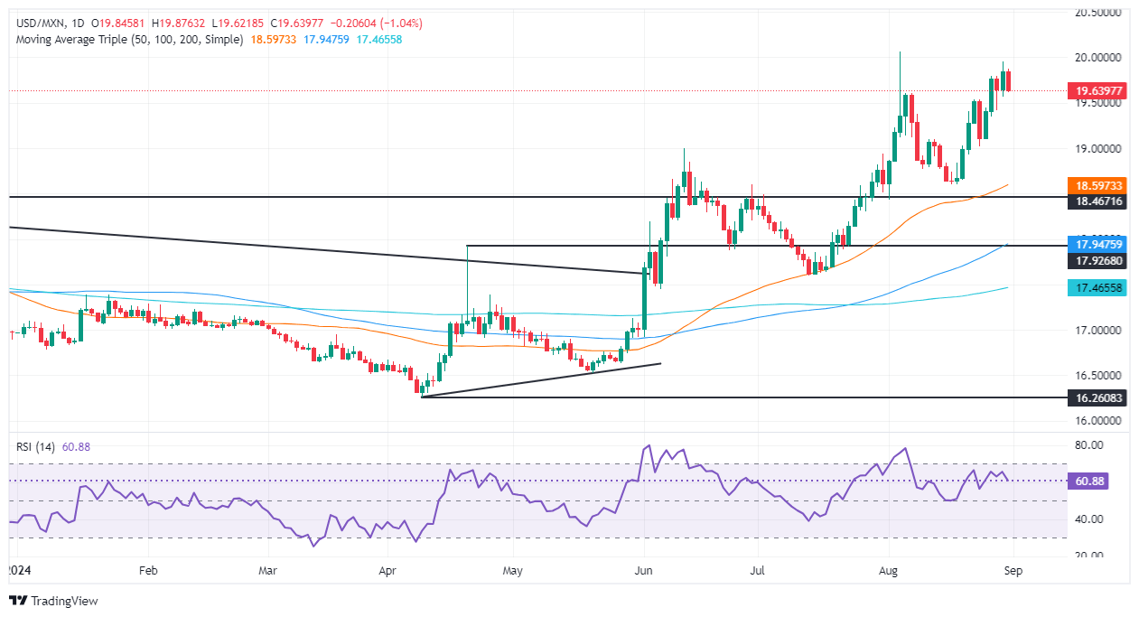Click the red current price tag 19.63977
1096,90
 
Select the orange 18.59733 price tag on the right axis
1096,184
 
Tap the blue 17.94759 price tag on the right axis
1096,243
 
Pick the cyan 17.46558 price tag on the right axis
1096,288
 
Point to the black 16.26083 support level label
1096,397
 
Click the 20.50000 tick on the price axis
1097,13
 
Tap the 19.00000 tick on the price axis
1097,148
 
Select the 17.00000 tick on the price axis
1097,331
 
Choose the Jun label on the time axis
645,571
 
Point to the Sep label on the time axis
1013,571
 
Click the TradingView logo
53,601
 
